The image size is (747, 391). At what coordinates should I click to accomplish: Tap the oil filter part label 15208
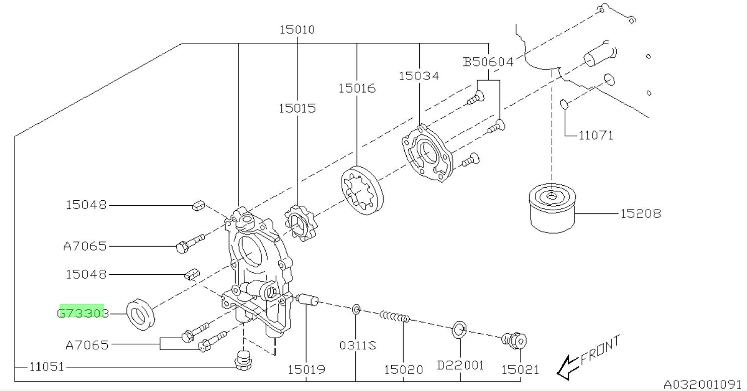(639, 214)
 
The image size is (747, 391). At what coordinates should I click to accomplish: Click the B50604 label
(488, 62)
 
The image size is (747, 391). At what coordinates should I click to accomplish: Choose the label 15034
(419, 76)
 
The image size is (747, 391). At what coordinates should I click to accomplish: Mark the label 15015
(298, 108)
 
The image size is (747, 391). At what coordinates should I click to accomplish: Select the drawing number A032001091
(705, 385)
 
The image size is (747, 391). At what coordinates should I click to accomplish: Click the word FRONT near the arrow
(600, 350)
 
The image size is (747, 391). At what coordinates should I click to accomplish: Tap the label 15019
(306, 369)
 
